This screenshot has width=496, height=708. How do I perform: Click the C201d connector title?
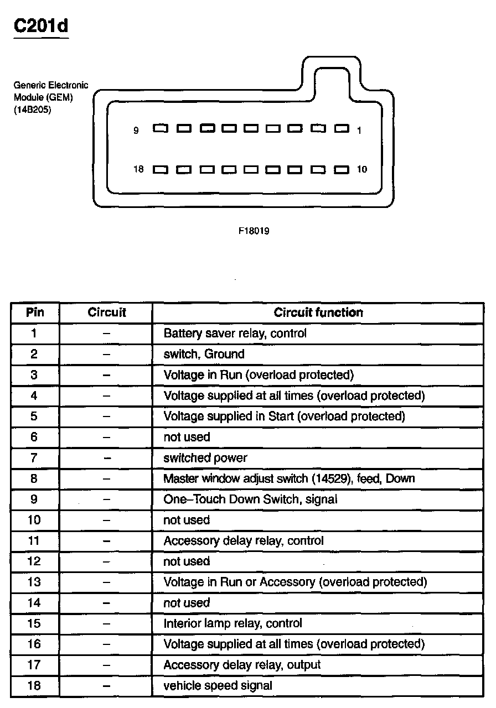click(x=41, y=27)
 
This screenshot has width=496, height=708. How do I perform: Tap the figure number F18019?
click(x=254, y=231)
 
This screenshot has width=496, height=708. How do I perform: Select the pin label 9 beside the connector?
click(x=136, y=131)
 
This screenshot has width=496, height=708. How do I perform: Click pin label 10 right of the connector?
click(x=361, y=169)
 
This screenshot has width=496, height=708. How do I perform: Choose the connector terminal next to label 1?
click(x=342, y=129)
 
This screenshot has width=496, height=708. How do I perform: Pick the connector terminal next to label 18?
click(x=161, y=169)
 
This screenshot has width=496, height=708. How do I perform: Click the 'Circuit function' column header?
click(x=318, y=313)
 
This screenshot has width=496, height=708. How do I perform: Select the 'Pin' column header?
click(x=35, y=313)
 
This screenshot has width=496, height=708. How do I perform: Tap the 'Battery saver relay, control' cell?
click(x=235, y=334)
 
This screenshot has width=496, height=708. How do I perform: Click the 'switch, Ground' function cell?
click(x=204, y=354)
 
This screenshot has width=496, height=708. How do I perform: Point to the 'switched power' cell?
click(x=205, y=458)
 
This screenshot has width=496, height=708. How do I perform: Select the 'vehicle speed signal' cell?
click(x=218, y=686)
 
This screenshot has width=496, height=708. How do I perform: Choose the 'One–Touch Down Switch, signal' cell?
click(x=250, y=499)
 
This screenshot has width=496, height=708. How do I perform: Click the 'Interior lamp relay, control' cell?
click(x=232, y=623)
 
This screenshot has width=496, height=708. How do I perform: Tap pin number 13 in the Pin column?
click(x=34, y=582)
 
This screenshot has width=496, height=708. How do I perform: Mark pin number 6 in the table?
click(x=34, y=437)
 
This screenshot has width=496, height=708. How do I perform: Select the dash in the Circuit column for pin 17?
click(x=107, y=665)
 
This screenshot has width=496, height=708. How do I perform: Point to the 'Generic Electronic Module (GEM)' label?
click(x=50, y=92)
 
